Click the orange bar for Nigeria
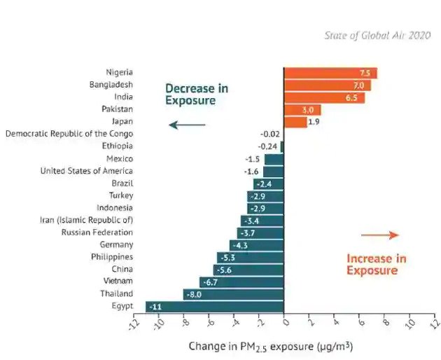coord(330,73)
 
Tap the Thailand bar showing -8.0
coord(233,294)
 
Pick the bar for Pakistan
coord(302,110)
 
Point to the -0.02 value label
coord(269,134)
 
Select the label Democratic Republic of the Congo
coord(69,134)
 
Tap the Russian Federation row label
coord(97,233)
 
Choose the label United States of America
coord(86,171)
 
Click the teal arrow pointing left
coord(187,125)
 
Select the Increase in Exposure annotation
coord(376,264)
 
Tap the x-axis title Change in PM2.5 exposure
coord(269,346)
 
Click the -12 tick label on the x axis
coord(134,324)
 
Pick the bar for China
coord(248,270)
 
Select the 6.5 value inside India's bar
coord(351,97)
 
